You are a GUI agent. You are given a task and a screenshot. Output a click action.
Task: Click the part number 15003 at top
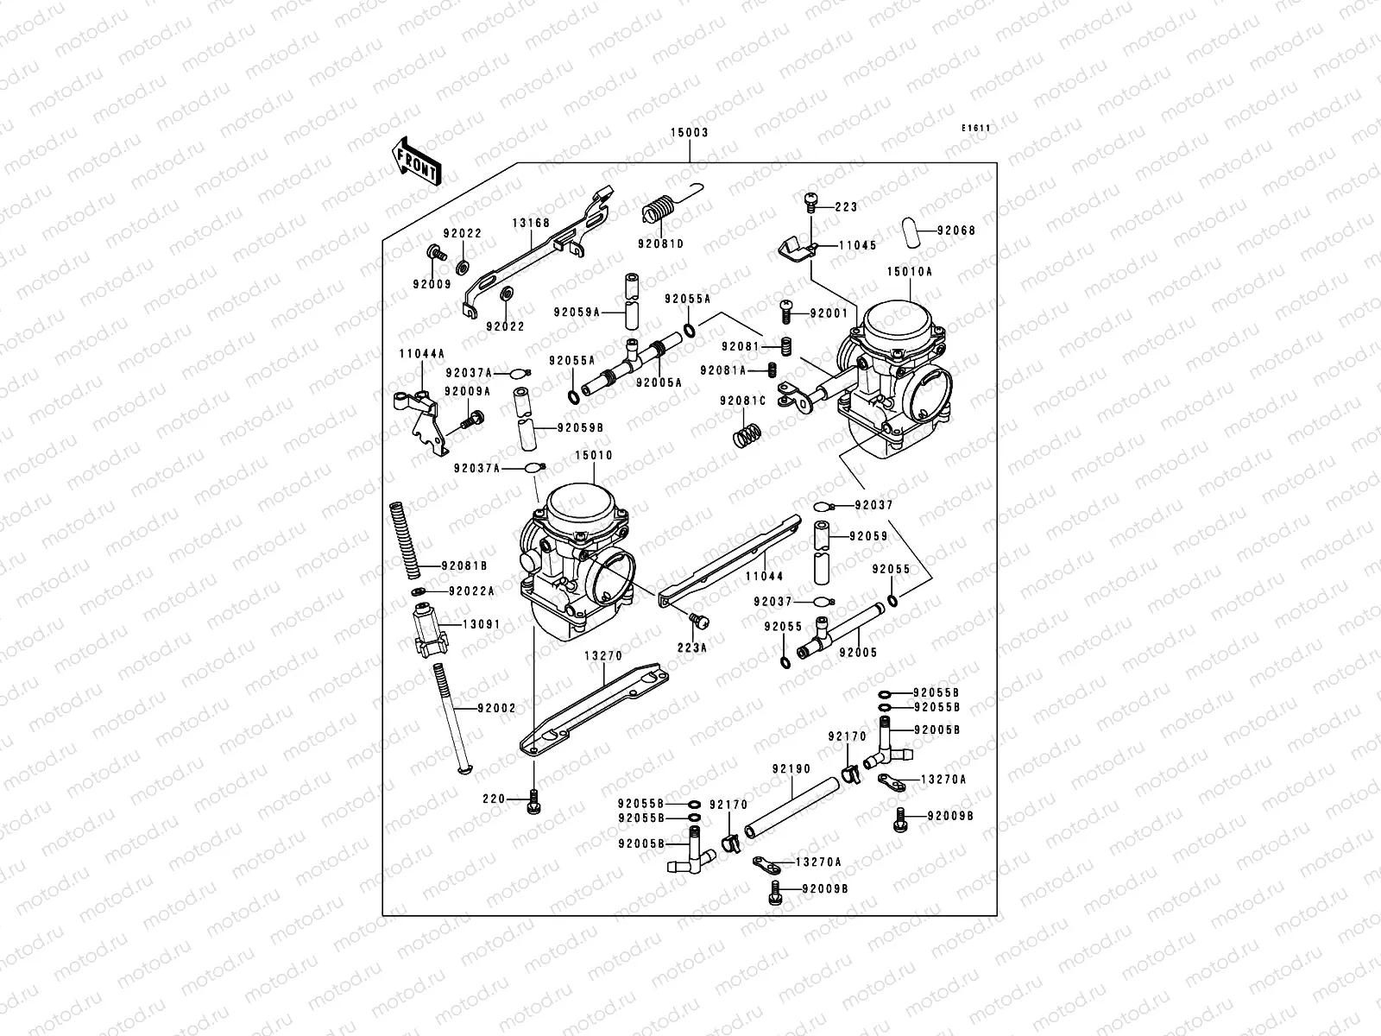[x=690, y=133]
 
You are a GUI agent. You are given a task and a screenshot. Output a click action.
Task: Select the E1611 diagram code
[x=977, y=129]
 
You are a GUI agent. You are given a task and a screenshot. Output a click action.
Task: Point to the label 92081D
[x=661, y=244]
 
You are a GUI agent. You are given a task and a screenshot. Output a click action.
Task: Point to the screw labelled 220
[x=534, y=803]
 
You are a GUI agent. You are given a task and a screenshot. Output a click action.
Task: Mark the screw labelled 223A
[x=699, y=620]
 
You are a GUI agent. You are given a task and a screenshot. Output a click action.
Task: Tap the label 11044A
[x=421, y=354]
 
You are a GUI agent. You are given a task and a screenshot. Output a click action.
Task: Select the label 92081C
[x=743, y=401]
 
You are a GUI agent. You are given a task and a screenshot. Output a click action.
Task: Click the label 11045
[x=857, y=245]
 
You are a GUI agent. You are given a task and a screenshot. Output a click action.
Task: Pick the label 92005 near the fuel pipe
[x=858, y=654]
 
